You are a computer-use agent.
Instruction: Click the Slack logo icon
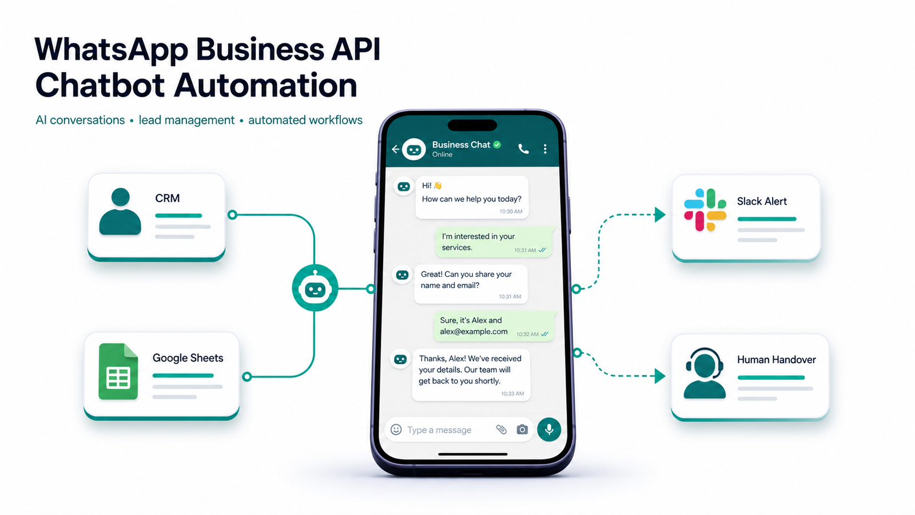pos(705,209)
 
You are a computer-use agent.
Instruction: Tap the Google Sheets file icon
pos(118,371)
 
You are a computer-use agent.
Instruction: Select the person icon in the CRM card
pos(120,211)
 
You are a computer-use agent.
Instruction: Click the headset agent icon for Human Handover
pos(705,373)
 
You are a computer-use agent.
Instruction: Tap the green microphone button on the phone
pos(549,429)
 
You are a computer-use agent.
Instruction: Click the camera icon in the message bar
pos(522,430)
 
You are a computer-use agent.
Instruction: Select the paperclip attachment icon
pos(501,430)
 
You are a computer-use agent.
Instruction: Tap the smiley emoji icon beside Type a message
pos(396,430)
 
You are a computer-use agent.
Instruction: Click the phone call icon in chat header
pos(523,149)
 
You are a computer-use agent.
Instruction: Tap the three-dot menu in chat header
pos(545,149)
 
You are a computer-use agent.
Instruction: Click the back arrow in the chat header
pos(395,149)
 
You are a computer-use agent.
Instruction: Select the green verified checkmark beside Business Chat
pos(497,145)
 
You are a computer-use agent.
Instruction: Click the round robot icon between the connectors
pos(315,288)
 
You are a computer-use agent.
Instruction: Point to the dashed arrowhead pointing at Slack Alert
pos(660,215)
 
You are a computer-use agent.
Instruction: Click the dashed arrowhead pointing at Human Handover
pos(660,376)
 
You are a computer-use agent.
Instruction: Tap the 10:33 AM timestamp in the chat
pos(512,394)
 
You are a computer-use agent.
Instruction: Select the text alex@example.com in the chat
pos(474,331)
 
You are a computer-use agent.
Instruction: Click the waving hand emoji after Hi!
pos(438,185)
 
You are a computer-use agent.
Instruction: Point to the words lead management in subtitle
pos(186,120)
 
